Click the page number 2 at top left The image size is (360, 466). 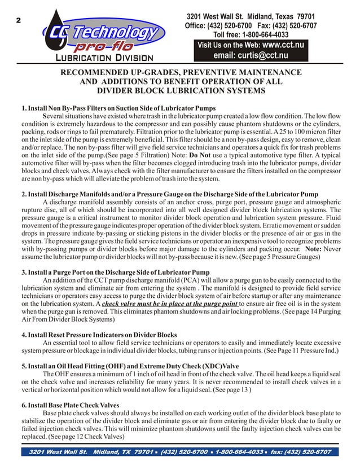click(18, 21)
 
